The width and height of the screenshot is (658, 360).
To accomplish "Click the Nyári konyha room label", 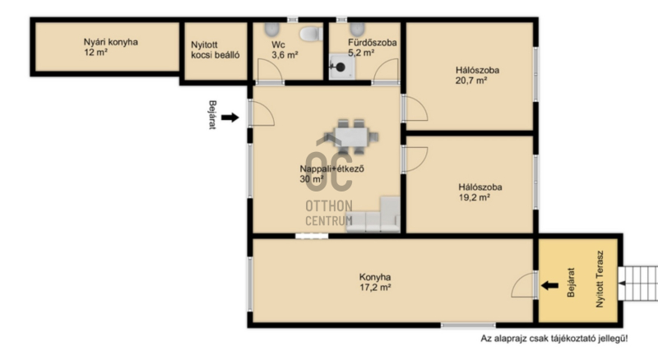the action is point(111,42).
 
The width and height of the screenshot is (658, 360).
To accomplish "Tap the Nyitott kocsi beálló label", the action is point(215,50).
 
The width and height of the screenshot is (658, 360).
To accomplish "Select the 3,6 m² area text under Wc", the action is point(285,55).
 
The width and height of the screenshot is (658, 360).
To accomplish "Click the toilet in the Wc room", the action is point(311,34).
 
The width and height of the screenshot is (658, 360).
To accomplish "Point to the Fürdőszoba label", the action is point(373,43).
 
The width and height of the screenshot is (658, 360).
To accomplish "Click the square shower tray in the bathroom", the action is point(341,67).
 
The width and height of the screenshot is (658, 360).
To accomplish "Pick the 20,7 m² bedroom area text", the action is point(471,81).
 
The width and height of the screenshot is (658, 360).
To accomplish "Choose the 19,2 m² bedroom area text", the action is point(475,197).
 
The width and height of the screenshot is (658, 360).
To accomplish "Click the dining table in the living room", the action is point(352,136).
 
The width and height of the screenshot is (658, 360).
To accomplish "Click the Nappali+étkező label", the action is point(332,168).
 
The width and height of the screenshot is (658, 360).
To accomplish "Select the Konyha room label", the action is point(375,277).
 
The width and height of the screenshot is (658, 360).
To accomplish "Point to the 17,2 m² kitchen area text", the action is point(376,288).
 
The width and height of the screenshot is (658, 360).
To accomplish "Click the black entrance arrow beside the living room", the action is point(230,118).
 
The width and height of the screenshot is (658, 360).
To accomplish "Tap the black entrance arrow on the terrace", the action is point(549,286).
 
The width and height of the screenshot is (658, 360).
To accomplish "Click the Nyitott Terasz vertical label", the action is point(600,279).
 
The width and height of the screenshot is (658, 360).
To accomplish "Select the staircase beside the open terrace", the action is point(638,283).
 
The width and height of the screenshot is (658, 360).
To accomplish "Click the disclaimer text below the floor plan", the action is point(554,338).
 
